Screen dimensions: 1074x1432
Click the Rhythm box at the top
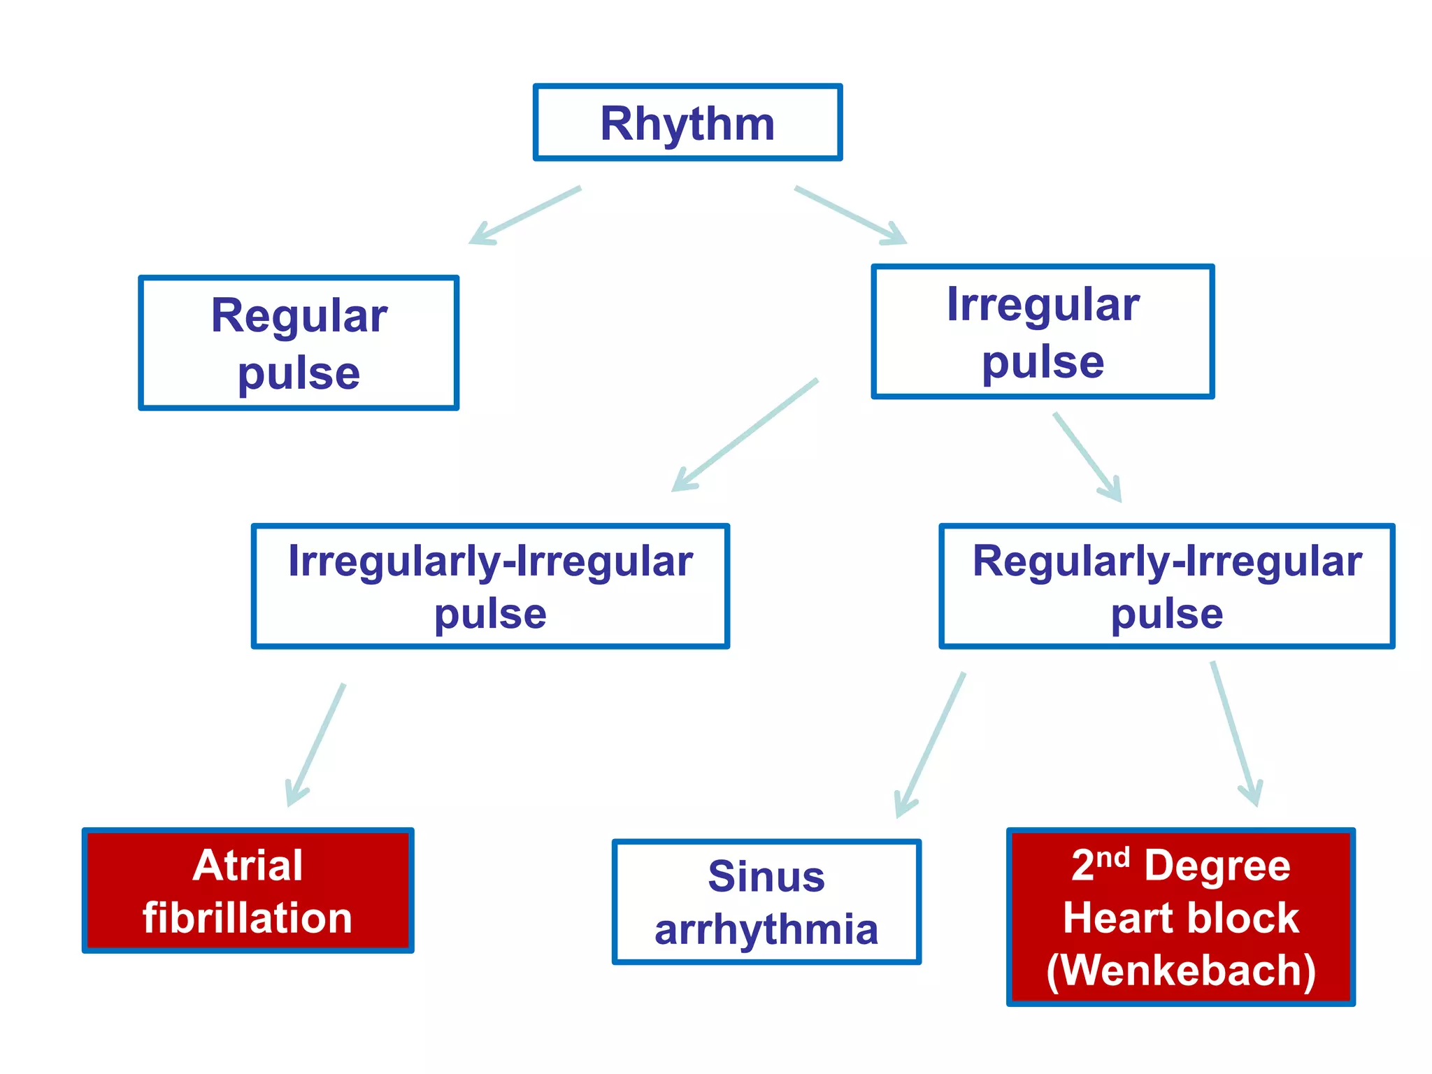687,124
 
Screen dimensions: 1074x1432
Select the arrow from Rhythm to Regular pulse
525,215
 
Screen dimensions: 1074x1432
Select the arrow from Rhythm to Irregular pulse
850,215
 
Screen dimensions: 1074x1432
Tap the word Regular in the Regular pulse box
299,316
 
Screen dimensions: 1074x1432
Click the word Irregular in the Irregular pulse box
1043,305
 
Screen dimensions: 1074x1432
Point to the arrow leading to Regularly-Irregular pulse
1087,457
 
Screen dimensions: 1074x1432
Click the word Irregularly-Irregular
490,561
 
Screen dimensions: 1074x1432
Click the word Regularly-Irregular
1167,561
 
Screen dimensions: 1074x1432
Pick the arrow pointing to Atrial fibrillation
316,745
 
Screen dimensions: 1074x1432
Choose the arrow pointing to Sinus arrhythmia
931,745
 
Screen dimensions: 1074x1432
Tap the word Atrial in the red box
248,866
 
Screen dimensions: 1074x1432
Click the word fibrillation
248,918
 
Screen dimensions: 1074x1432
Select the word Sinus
766,877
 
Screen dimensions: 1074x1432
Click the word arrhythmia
766,930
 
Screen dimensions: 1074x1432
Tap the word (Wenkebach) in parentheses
1181,971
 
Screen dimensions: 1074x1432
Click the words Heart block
1181,918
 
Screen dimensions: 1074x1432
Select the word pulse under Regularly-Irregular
1167,615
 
